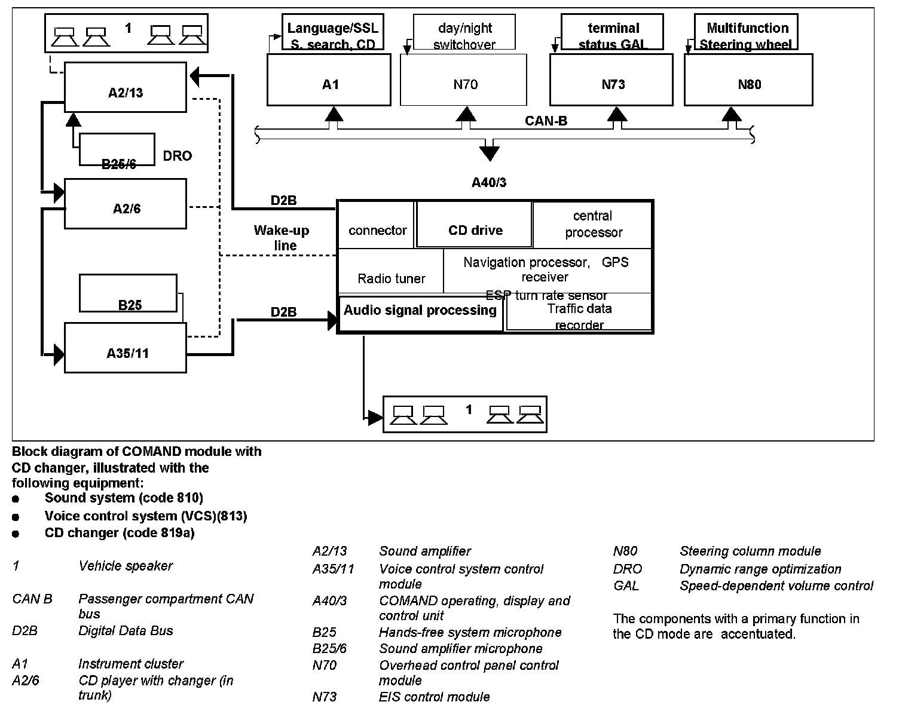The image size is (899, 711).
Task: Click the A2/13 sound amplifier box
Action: (126, 87)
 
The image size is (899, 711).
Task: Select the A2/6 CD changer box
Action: (126, 204)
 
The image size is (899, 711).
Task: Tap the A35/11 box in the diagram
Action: (126, 348)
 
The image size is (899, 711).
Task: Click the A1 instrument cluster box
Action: (329, 80)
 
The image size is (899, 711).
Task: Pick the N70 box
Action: (464, 80)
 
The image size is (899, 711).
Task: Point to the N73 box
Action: (611, 80)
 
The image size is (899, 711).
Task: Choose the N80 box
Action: (748, 80)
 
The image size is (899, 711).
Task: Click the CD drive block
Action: (475, 225)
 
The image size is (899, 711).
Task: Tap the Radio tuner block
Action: (391, 272)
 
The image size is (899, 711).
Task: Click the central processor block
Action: (592, 224)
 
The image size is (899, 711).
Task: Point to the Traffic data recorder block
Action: (579, 313)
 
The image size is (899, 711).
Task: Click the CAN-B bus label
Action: (546, 121)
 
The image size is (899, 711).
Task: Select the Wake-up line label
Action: (282, 237)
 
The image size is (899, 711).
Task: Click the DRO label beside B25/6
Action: (178, 156)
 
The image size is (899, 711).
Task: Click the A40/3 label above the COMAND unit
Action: (489, 182)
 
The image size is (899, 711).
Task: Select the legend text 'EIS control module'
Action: (434, 697)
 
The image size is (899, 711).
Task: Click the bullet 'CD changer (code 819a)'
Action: (120, 533)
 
